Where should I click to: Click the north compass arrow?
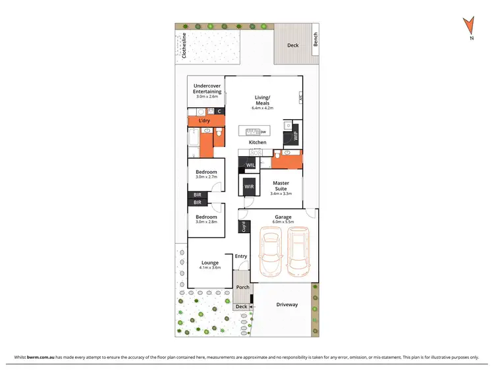(x=469, y=26)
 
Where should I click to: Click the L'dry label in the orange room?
(x=204, y=121)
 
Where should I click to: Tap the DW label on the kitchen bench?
(x=263, y=132)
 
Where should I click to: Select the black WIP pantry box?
(x=295, y=136)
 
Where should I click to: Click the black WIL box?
(x=250, y=165)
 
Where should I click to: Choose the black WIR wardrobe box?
(x=249, y=187)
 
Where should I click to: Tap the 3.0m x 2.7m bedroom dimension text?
(x=206, y=178)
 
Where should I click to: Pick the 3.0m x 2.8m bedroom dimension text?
(x=206, y=222)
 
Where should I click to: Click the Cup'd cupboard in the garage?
(x=244, y=227)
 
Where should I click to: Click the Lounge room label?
(x=209, y=263)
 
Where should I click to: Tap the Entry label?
(x=241, y=256)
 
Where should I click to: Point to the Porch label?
(x=242, y=288)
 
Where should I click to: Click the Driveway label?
(x=287, y=304)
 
